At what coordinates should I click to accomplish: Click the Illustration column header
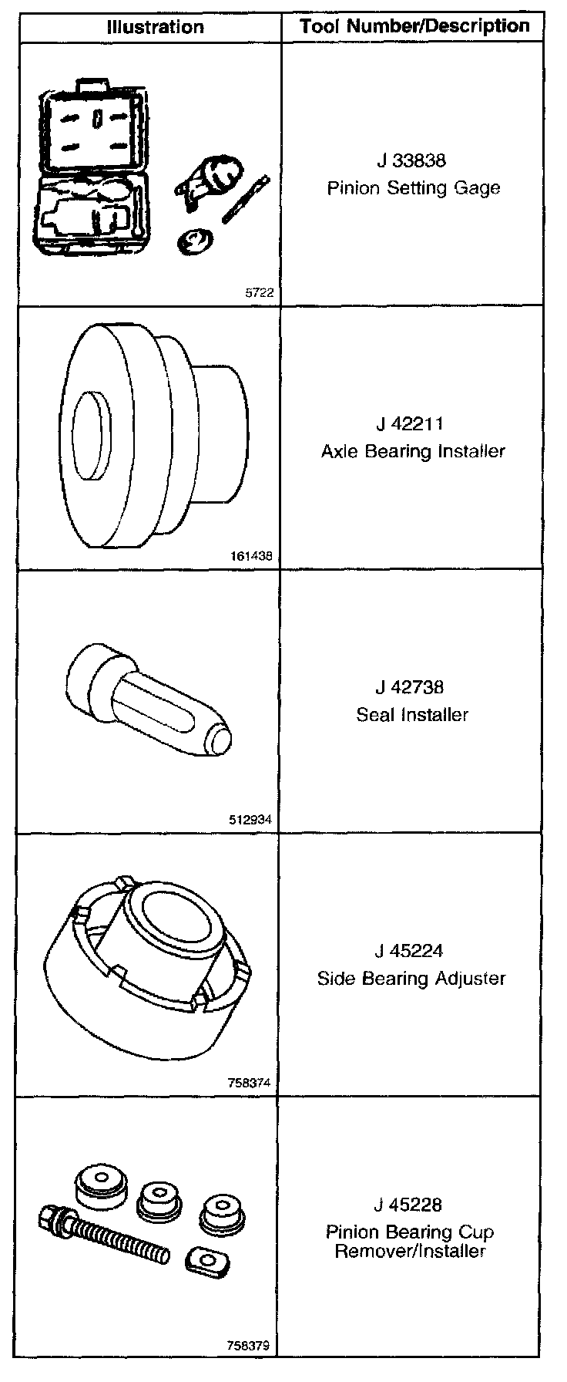click(x=155, y=27)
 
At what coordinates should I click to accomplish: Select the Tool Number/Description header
click(x=414, y=26)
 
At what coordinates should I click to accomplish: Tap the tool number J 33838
click(x=411, y=161)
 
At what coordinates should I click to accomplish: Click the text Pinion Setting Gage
click(x=414, y=188)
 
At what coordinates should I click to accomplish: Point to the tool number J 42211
click(x=411, y=424)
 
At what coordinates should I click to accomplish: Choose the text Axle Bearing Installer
click(x=413, y=451)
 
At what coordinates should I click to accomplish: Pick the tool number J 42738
click(x=411, y=687)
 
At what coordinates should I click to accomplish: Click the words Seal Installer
click(x=412, y=715)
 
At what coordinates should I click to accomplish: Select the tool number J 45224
click(x=411, y=951)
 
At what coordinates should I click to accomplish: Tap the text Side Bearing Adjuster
click(x=411, y=979)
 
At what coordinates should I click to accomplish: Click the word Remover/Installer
click(x=410, y=1251)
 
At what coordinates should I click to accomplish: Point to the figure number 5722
click(x=259, y=293)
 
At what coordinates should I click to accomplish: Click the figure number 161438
click(x=252, y=556)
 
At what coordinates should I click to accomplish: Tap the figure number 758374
click(x=251, y=1083)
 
